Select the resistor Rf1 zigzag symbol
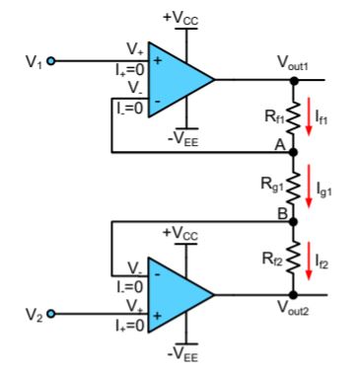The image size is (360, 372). pos(293,115)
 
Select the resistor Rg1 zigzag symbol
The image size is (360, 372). pos(293,186)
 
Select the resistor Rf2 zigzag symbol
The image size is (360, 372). pos(293,259)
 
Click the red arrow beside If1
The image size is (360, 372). pos(309,115)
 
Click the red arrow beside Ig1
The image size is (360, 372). pos(309,186)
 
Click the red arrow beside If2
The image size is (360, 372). pos(309,259)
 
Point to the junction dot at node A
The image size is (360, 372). pos(293,152)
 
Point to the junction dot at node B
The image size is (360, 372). pos(293,222)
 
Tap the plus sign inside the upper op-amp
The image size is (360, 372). pos(158,61)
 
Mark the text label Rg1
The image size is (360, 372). pos(269,184)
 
